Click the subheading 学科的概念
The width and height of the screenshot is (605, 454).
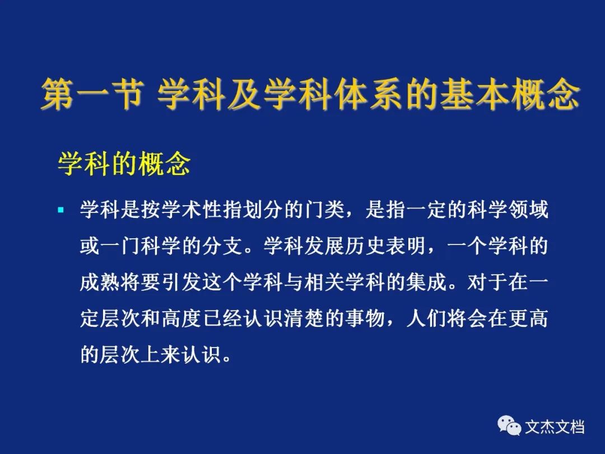tap(124, 164)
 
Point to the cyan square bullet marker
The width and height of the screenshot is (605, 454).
tap(61, 210)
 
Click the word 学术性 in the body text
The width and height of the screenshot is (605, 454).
tap(192, 210)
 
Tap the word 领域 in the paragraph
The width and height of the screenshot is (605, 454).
tap(528, 210)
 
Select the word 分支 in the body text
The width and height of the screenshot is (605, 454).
tap(222, 246)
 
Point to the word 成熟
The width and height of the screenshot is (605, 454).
tap(100, 282)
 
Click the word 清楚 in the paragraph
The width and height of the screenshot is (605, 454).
tap(304, 318)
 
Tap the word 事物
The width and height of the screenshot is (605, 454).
tap(365, 318)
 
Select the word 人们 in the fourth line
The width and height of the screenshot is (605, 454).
tap(426, 318)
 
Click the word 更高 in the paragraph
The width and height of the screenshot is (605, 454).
tap(528, 318)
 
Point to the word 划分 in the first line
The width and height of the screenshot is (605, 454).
tap(263, 210)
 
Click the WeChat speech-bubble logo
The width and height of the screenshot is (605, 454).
tap(509, 426)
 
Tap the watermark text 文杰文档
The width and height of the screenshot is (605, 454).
tap(554, 427)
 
